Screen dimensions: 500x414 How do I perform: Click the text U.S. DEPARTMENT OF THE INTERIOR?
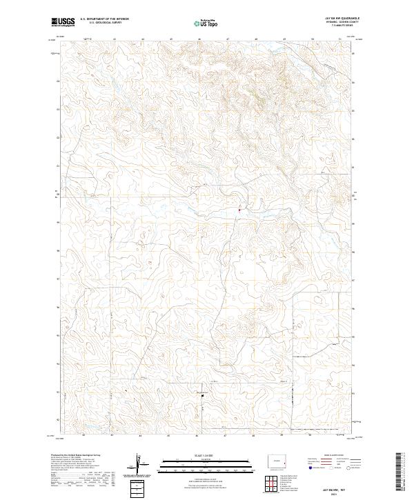104,19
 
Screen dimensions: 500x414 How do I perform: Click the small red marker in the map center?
239,210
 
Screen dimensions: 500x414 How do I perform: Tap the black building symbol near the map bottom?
202,396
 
